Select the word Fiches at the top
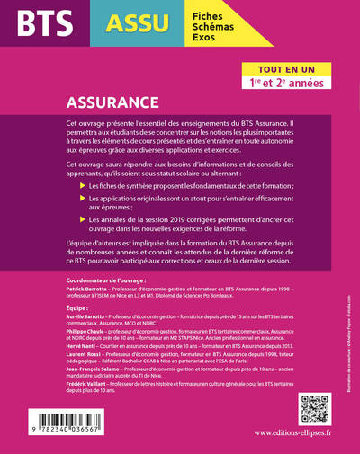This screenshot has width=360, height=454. click(x=207, y=13)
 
